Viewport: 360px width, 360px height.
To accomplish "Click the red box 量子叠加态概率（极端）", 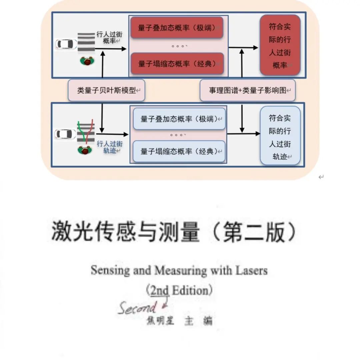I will tap(177, 28).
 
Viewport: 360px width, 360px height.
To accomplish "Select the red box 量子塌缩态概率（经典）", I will tap(177, 64).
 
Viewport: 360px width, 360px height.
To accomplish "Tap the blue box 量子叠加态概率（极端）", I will tap(179, 119).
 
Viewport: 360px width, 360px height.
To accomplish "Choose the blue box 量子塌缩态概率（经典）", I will tap(179, 151).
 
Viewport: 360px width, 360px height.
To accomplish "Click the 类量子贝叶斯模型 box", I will tap(107, 90).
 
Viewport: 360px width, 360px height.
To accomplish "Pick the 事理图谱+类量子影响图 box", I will tap(248, 90).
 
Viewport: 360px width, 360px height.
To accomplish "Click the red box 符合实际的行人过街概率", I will tap(280, 45).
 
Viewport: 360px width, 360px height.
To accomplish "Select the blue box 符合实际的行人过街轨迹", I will tap(280, 137).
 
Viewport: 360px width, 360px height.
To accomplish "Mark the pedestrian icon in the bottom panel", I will tap(85, 150).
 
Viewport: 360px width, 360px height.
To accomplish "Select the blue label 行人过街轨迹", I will tap(110, 147).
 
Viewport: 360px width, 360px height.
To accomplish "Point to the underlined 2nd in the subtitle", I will tap(159, 291).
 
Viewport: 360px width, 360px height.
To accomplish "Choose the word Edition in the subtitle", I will tap(190, 291).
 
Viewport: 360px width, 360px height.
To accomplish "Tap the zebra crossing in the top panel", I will tap(86, 43).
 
